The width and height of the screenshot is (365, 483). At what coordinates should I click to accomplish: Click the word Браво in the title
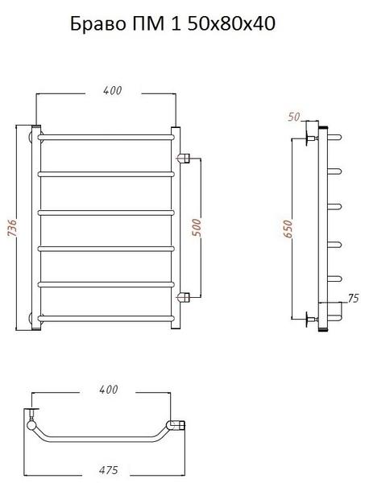(x=98, y=23)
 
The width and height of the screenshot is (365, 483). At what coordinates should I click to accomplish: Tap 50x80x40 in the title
(x=231, y=23)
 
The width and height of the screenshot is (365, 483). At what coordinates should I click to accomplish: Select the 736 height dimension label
(x=11, y=229)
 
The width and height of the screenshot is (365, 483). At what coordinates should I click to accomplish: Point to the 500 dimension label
(x=197, y=227)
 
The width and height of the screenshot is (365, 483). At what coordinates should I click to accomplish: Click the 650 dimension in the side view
(x=287, y=229)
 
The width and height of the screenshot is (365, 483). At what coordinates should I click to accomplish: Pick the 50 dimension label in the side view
(x=294, y=117)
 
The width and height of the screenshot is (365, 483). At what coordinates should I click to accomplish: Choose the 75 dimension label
(x=353, y=298)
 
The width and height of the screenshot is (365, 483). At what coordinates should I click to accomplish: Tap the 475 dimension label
(x=109, y=470)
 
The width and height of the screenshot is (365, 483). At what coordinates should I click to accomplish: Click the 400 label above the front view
(x=113, y=90)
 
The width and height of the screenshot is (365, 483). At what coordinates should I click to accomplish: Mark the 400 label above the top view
(x=109, y=389)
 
